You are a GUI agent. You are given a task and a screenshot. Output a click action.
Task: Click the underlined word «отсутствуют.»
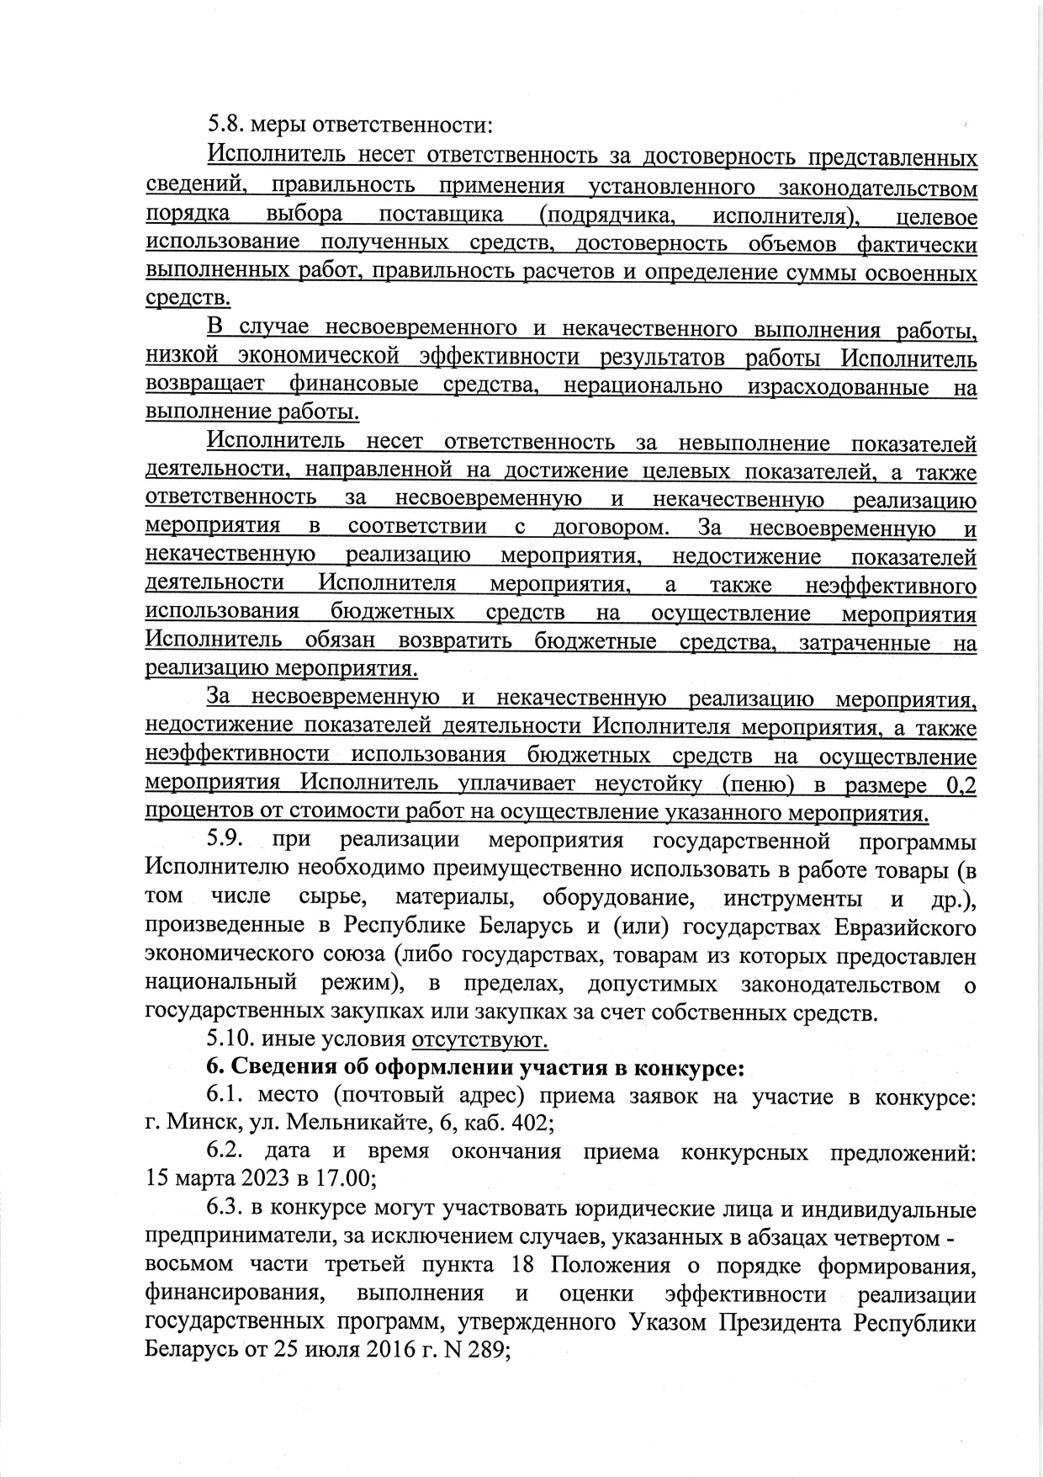click(479, 1040)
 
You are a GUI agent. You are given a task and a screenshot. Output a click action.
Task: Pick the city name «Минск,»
click(198, 1124)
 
